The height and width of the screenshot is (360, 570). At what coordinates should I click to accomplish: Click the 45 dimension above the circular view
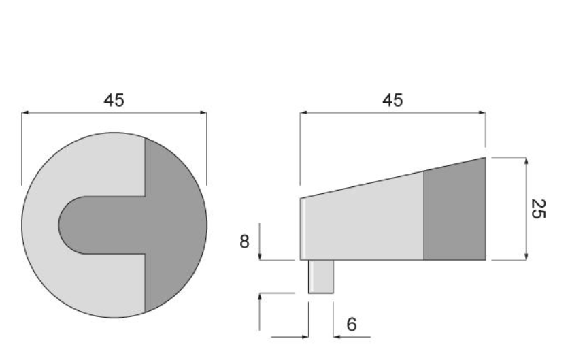[114, 100]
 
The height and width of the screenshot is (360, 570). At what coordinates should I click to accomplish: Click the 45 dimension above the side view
[392, 100]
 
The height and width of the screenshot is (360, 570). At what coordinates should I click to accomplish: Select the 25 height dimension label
[537, 209]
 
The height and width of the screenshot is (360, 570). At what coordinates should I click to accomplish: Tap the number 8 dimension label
[244, 242]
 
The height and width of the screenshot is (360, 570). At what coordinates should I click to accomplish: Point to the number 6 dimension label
[352, 325]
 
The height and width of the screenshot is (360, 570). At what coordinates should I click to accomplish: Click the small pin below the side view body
[320, 277]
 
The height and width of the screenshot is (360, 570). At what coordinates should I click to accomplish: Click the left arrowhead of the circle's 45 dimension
[24, 113]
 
